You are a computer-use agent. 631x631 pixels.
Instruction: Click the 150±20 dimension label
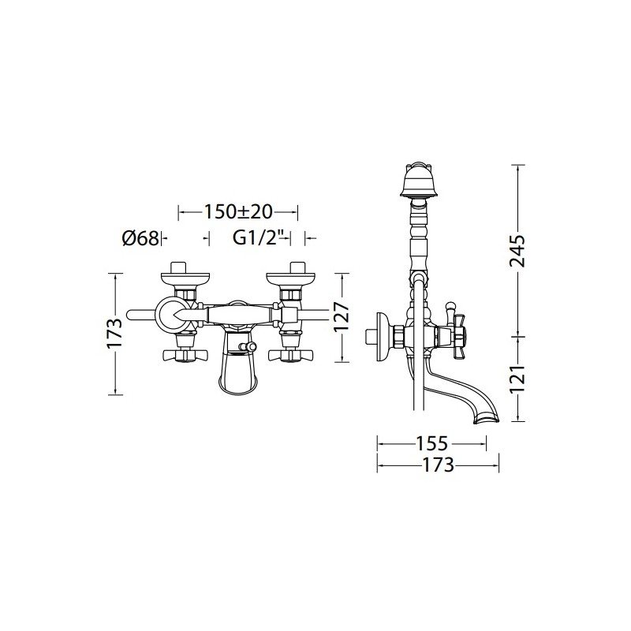(238, 211)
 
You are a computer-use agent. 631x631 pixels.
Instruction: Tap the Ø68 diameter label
(140, 239)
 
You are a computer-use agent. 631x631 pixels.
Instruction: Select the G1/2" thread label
(255, 239)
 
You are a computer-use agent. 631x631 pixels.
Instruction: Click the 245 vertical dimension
(517, 251)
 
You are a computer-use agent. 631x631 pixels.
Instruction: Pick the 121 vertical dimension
(517, 379)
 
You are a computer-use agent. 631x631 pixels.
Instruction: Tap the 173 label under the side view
(438, 465)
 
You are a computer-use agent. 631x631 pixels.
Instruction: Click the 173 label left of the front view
(114, 333)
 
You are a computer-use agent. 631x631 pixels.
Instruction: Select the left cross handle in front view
(186, 354)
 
